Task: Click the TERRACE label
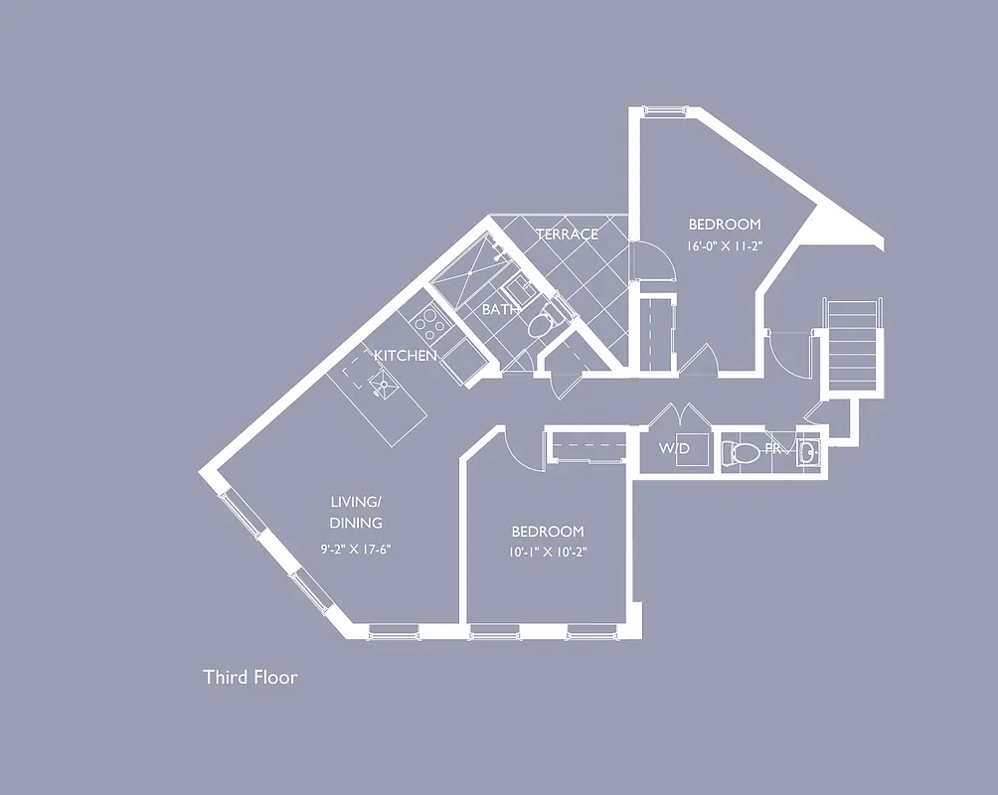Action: (x=567, y=235)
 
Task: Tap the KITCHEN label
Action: (x=405, y=355)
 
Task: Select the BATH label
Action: (x=500, y=310)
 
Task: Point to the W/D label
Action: (x=673, y=449)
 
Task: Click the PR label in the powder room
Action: (x=772, y=450)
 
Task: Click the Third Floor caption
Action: (x=250, y=678)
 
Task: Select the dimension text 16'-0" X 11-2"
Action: (x=724, y=246)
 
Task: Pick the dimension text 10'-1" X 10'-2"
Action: (x=548, y=554)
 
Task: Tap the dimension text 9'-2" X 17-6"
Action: (x=356, y=549)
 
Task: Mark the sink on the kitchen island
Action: (x=383, y=380)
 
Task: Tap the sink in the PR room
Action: (x=808, y=452)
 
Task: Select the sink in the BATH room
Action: (x=518, y=292)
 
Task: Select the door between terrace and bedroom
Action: (x=650, y=263)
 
